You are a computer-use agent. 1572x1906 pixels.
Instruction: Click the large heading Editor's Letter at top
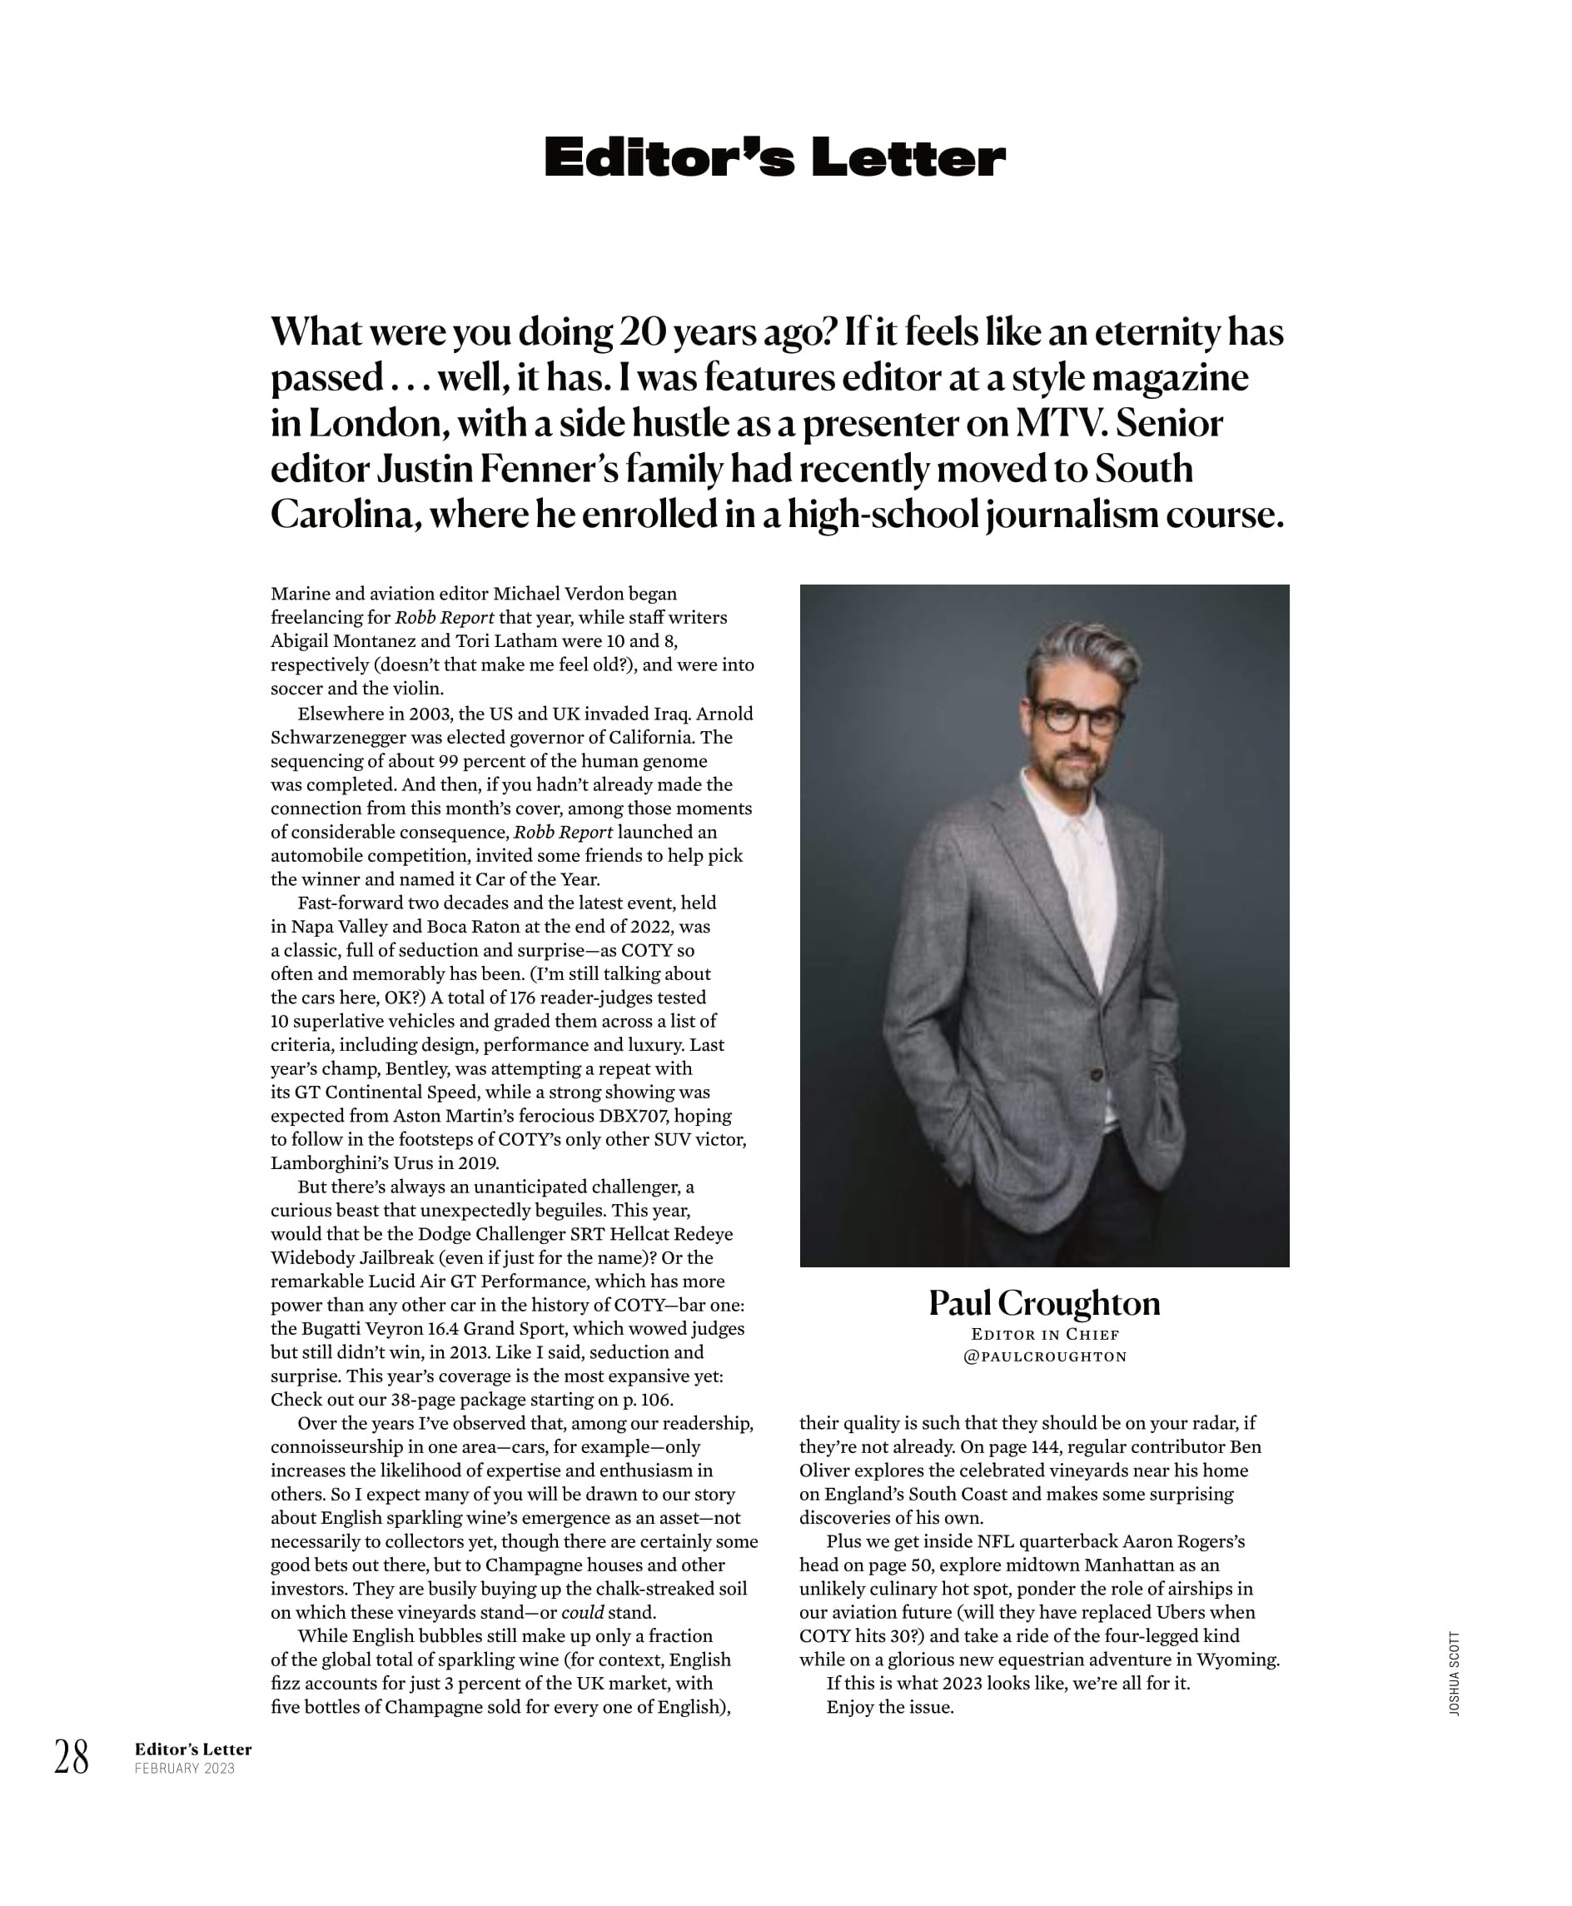(774, 157)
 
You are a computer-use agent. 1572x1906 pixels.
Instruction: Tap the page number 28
(72, 1759)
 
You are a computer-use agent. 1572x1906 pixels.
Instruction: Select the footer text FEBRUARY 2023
(185, 1769)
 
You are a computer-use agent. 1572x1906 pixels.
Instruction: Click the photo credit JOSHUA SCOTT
(1455, 1674)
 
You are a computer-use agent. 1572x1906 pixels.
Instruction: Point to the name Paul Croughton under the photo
(1044, 1304)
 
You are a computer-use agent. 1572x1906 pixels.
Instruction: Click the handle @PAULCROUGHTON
(1045, 1356)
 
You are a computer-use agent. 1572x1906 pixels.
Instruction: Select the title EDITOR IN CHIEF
(1045, 1335)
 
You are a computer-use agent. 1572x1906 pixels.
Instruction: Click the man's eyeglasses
(1077, 718)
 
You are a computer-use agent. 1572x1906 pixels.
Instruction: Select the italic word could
(582, 1613)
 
